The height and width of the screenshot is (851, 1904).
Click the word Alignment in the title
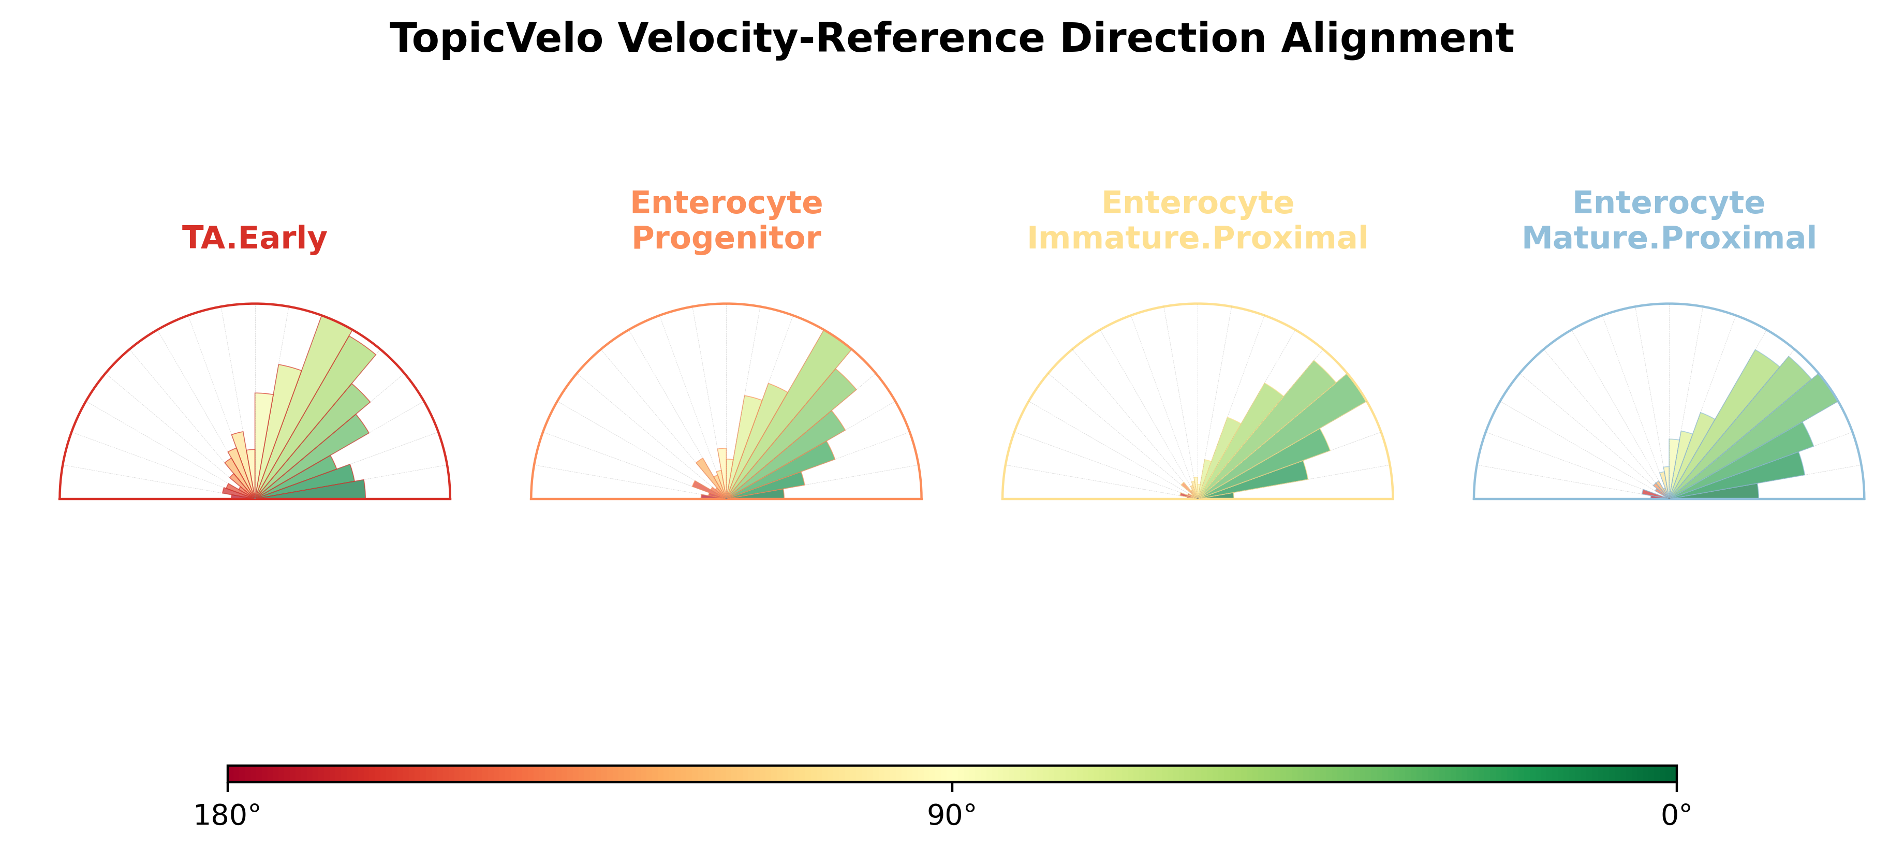click(1397, 38)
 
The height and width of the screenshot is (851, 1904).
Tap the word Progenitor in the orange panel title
click(726, 238)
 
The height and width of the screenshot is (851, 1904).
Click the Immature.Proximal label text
click(1198, 238)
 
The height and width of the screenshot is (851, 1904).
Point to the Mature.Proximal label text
click(1669, 238)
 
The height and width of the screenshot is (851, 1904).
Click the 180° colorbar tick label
click(227, 815)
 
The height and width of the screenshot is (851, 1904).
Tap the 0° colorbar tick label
click(1676, 815)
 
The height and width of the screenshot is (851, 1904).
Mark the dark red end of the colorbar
click(231, 773)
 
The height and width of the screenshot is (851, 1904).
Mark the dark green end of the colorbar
click(1673, 773)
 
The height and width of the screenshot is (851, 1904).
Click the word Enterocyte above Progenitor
click(726, 202)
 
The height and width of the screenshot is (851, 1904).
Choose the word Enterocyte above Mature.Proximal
click(1669, 202)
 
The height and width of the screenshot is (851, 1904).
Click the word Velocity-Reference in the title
click(942, 38)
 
